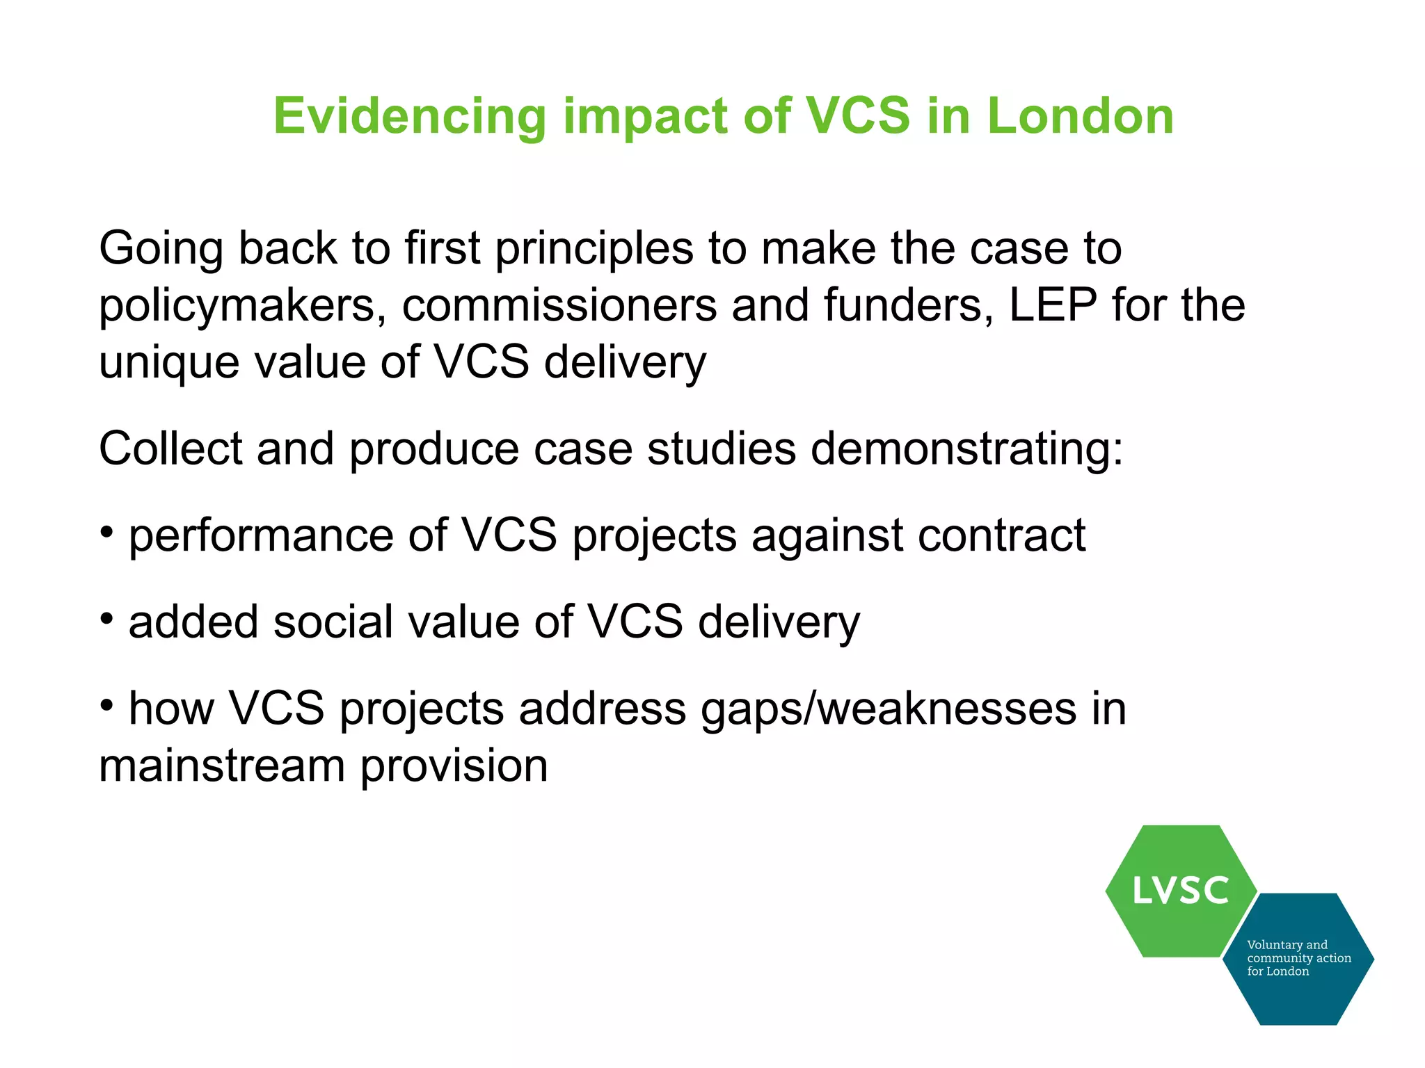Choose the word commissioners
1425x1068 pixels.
pyautogui.click(x=559, y=307)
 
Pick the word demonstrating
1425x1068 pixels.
pyautogui.click(x=967, y=448)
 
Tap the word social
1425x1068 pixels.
pyautogui.click(x=333, y=622)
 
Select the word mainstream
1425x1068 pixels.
pyautogui.click(x=222, y=766)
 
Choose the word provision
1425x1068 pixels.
pyautogui.click(x=454, y=766)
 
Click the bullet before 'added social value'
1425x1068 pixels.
pyautogui.click(x=106, y=618)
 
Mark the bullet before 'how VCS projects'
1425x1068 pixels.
pyautogui.click(x=106, y=705)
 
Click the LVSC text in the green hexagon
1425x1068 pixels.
pyautogui.click(x=1181, y=891)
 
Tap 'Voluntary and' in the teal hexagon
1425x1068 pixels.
pyautogui.click(x=1287, y=945)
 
